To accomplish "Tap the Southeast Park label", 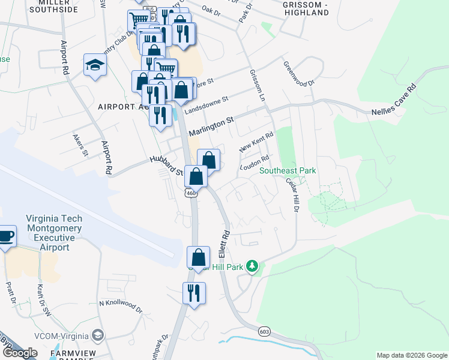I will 288,171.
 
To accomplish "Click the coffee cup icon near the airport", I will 6,235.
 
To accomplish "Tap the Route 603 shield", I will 264,331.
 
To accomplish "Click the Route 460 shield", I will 191,193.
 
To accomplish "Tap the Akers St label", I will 80,145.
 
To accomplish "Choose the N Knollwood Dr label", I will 121,307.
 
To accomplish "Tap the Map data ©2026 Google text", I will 411,355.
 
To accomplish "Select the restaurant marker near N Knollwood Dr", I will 193,293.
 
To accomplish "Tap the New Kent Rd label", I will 256,142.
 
